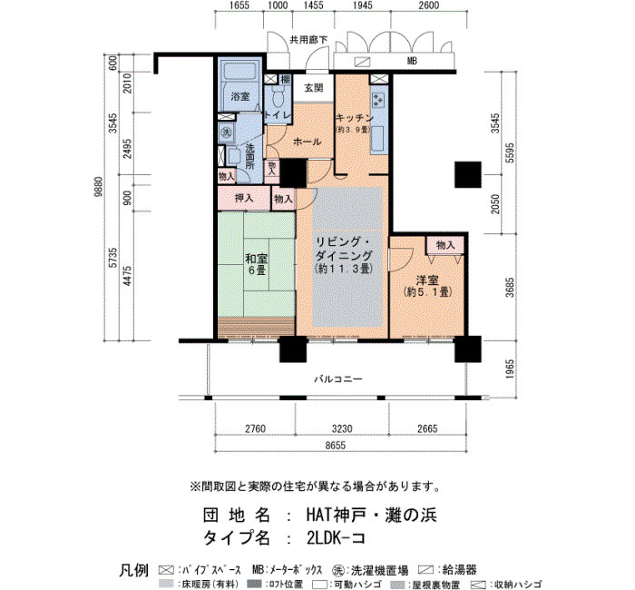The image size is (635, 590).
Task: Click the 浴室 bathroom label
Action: pos(239,96)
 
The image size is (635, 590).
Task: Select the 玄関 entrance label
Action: pos(314,87)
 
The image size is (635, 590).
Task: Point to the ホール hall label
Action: pos(307,142)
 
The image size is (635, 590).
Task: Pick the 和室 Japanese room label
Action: pos(257,258)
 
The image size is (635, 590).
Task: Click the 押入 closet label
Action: pos(244,198)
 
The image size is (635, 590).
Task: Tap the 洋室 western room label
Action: pos(427,280)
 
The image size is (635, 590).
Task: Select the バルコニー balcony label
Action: pos(338,379)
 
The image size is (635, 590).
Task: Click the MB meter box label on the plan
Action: pos(412,62)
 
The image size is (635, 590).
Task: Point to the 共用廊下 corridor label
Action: pos(308,40)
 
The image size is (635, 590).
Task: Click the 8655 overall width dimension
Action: pos(336,445)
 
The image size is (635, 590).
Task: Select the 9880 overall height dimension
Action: pos(98,187)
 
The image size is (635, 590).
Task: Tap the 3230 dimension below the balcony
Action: pos(342,428)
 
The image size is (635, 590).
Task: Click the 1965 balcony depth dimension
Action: pos(510,369)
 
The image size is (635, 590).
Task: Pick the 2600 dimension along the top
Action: pos(428,5)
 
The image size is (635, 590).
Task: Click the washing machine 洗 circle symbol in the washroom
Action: pos(226,133)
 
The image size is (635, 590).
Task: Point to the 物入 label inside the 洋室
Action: pos(445,245)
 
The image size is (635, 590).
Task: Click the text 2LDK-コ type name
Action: pos(337,537)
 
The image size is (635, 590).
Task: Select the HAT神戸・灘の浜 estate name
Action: pos(371,515)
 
